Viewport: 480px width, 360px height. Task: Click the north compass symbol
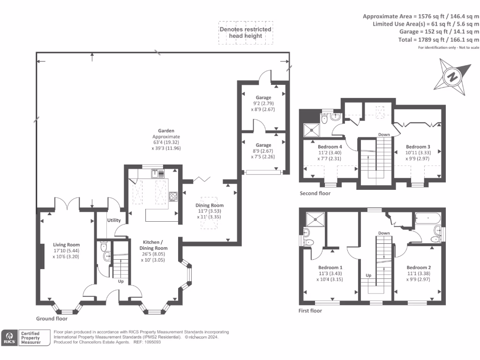click(x=452, y=75)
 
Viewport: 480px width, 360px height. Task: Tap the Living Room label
click(x=66, y=245)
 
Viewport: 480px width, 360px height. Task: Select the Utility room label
click(x=114, y=220)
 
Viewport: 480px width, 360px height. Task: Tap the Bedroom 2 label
click(x=418, y=268)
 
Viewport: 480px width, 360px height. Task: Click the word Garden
click(x=166, y=131)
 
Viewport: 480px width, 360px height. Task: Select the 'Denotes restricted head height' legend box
click(x=246, y=32)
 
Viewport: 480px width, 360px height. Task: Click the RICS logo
click(x=9, y=338)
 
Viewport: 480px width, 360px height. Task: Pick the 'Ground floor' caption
click(x=52, y=319)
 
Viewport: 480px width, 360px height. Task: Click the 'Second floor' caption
click(x=315, y=193)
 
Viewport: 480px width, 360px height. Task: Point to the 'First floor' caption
click(x=310, y=310)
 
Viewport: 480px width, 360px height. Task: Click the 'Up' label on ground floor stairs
click(x=120, y=282)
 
